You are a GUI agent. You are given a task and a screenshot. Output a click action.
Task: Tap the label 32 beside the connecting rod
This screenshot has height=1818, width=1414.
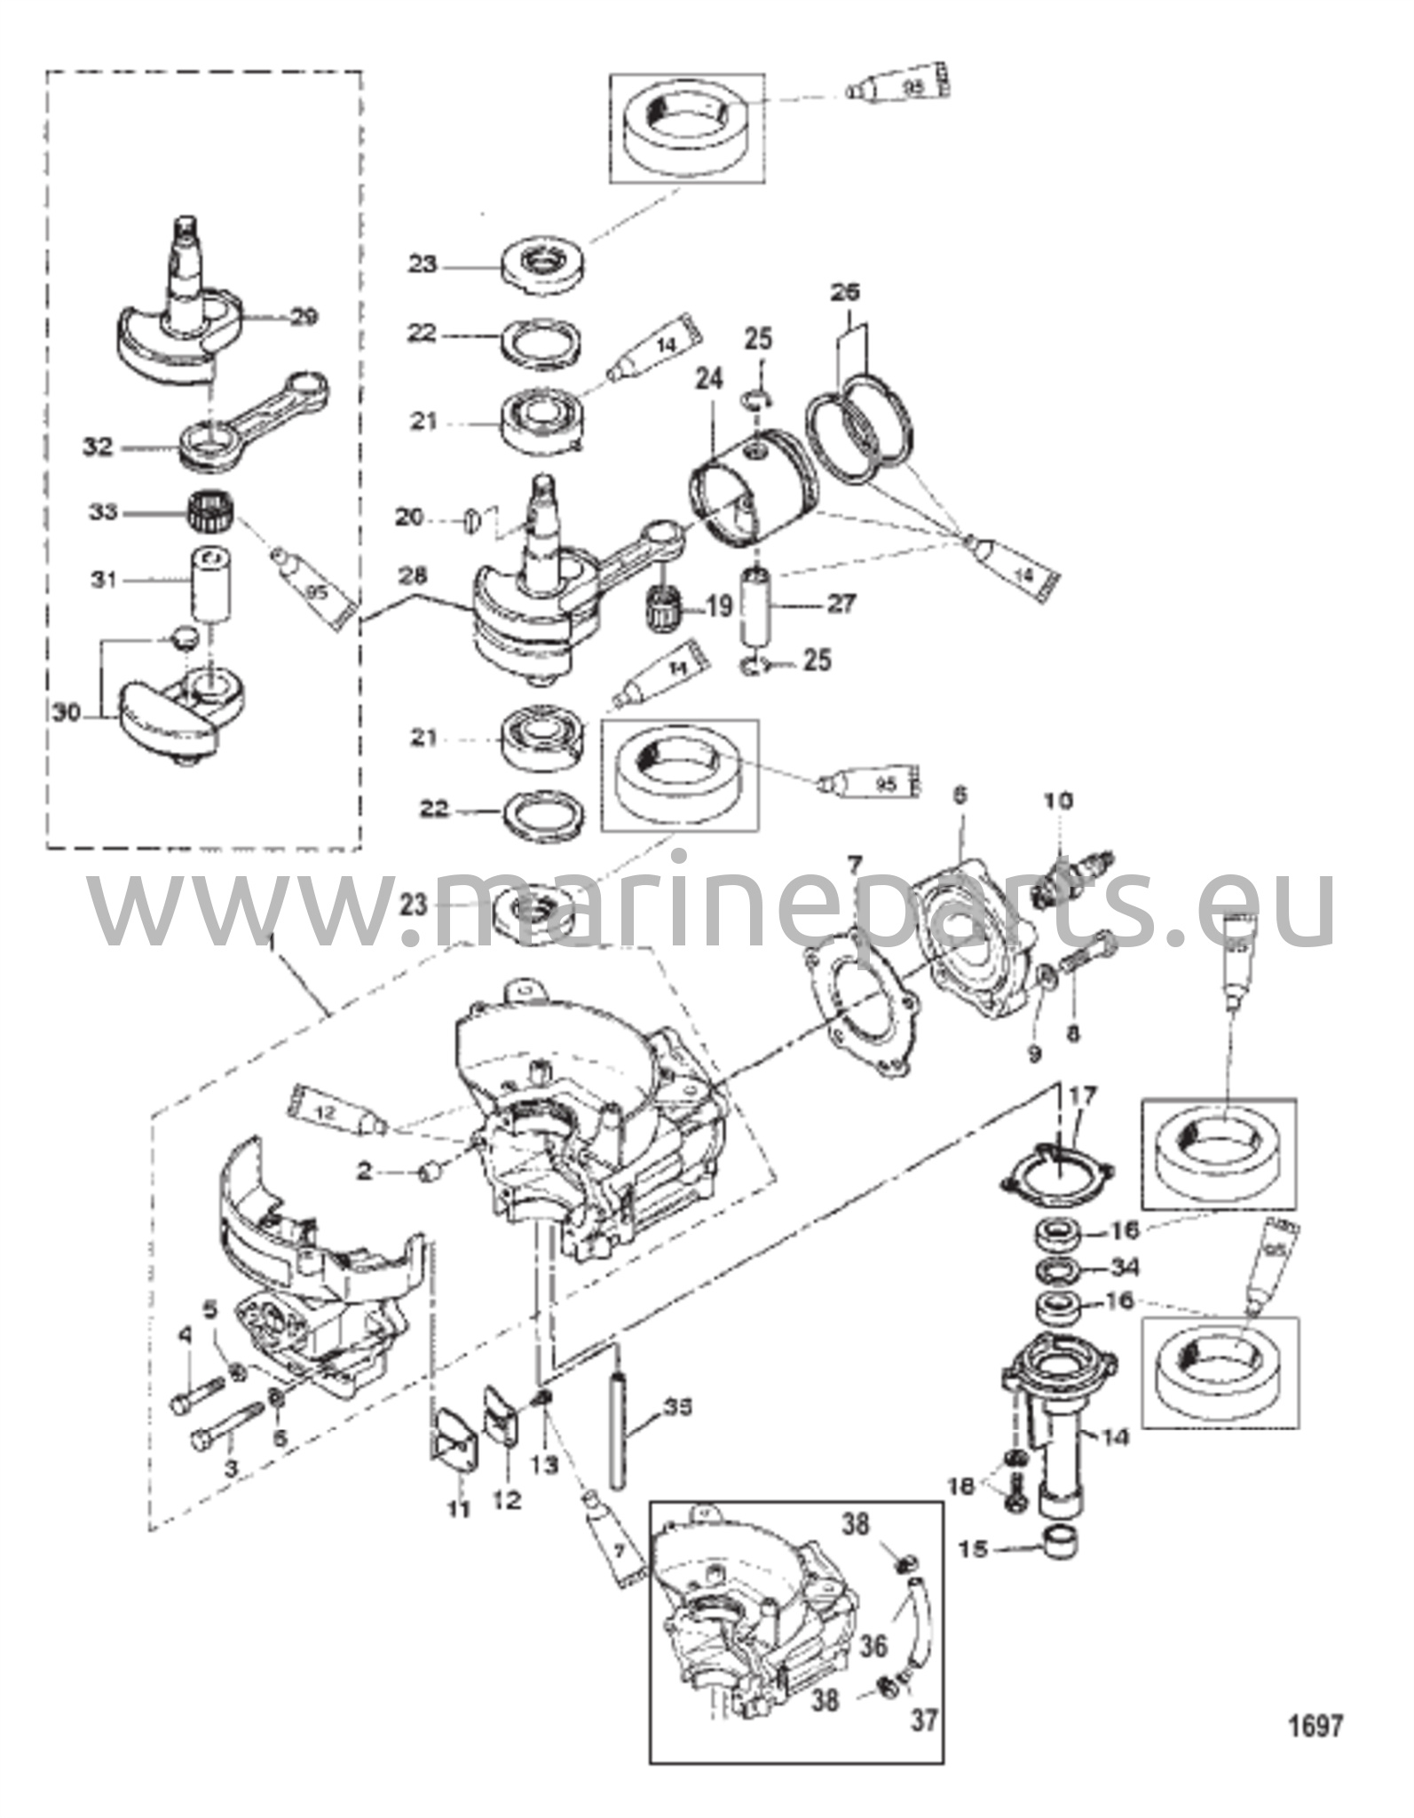[x=98, y=447]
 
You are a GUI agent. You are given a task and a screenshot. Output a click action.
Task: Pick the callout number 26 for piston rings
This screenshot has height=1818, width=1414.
[x=847, y=292]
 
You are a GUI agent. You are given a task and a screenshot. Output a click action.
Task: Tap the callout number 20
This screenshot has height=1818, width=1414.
[x=408, y=516]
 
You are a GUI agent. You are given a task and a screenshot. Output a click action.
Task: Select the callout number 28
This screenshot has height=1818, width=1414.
[x=411, y=578]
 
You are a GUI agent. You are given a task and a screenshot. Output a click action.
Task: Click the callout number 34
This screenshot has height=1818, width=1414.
[x=1124, y=1267]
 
